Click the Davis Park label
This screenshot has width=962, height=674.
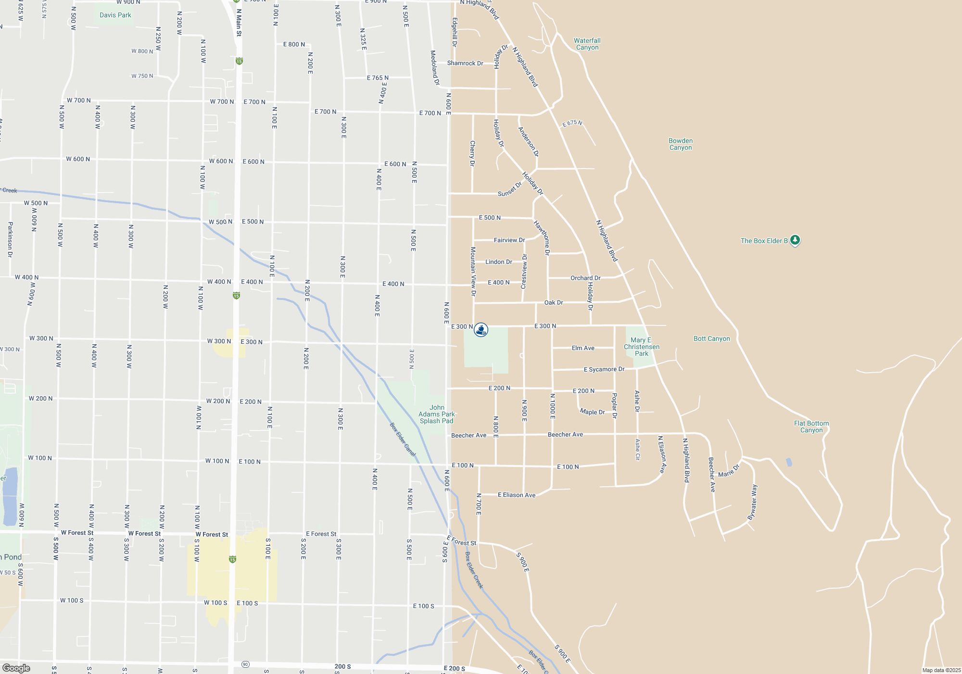coord(115,15)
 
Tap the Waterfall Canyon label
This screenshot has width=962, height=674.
coord(587,44)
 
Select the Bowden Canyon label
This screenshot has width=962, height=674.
coord(680,144)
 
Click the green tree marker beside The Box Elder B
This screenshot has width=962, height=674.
coord(795,240)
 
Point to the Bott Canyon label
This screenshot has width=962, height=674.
coord(711,338)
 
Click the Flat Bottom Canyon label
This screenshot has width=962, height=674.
coord(811,427)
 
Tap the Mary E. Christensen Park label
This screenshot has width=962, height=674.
coord(641,347)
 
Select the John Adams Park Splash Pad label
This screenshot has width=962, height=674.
coord(436,414)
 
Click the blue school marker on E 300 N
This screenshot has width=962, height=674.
coord(481,330)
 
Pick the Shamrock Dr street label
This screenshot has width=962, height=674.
coord(465,63)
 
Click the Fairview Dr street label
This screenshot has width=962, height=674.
coord(509,240)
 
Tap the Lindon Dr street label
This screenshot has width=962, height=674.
coord(498,262)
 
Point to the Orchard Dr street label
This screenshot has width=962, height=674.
coord(585,278)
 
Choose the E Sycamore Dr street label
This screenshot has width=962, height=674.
coord(604,369)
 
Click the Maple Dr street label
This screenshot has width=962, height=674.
coord(592,412)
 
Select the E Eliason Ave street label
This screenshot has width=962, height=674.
coord(516,495)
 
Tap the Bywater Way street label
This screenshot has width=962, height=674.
coord(753,502)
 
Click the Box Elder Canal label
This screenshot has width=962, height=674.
coord(403,440)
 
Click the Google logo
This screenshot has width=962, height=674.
coord(16,668)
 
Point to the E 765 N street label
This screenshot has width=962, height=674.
coord(378,78)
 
